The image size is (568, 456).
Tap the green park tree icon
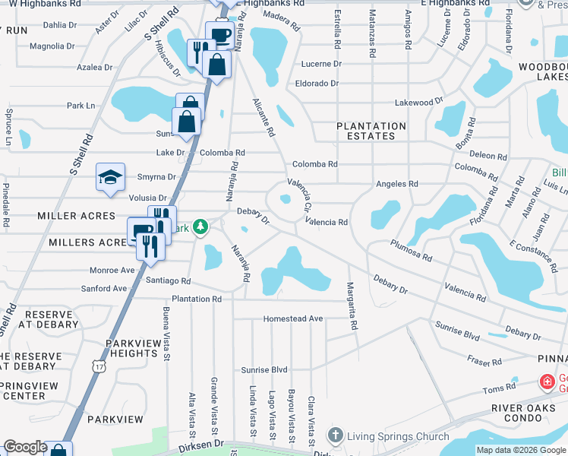[200, 227]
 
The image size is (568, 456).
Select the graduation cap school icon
[110, 178]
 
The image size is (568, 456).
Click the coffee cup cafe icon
[219, 35]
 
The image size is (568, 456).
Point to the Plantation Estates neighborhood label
[371, 131]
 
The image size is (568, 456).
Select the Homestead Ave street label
[293, 318]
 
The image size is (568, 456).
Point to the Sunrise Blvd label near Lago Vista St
[264, 370]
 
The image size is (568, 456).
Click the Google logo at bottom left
[24, 447]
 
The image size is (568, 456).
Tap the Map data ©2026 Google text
[520, 450]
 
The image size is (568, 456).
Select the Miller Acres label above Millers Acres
[76, 217]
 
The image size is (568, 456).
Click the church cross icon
[336, 435]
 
